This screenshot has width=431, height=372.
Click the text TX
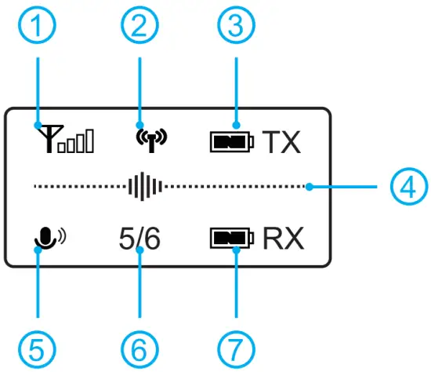pos(281,143)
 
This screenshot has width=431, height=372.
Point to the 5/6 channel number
pos(139,237)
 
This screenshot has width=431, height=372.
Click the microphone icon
pos(45,237)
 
